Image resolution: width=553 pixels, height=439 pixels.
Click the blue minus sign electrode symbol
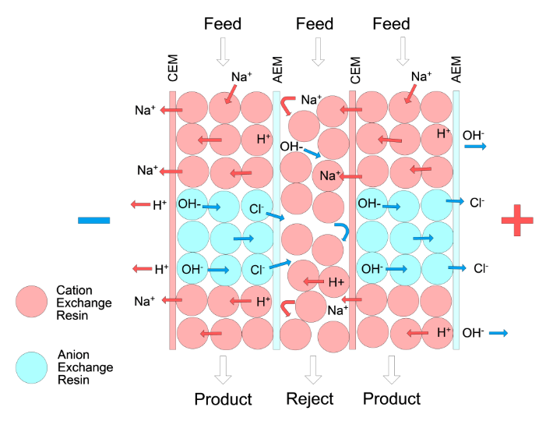[x=93, y=221]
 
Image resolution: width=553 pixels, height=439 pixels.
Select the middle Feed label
[x=315, y=24]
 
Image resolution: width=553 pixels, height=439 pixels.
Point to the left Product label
[x=223, y=399]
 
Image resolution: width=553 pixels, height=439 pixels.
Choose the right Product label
[x=392, y=399]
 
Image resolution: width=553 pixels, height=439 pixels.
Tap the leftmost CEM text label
[x=173, y=68]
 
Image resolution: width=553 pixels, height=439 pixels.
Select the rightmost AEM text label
[x=456, y=68]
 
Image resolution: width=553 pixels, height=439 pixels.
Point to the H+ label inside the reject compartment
[x=336, y=281]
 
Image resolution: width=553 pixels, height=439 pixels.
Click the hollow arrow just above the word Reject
[x=313, y=370]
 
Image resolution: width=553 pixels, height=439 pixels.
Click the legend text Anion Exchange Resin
[x=85, y=367]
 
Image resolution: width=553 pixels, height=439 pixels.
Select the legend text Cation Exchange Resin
[x=85, y=303]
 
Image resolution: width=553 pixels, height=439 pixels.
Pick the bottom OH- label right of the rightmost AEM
[x=473, y=333]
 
